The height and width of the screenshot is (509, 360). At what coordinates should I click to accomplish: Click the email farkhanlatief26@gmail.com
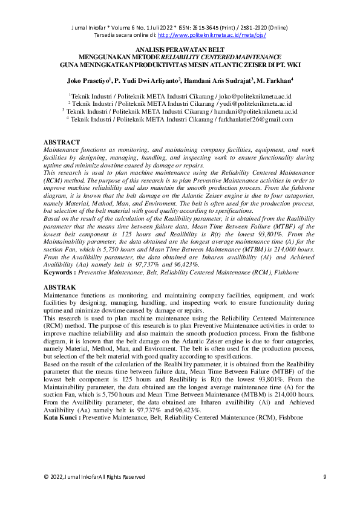(255, 120)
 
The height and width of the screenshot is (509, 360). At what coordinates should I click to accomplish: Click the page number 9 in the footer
(324, 477)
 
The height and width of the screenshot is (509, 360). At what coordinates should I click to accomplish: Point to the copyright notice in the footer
(94, 477)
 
